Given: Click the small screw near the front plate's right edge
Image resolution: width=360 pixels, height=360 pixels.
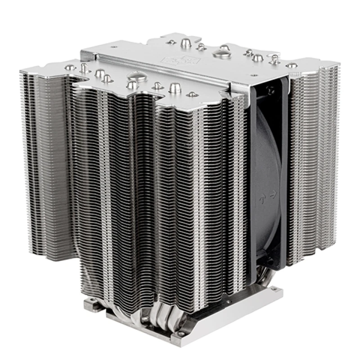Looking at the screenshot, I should click(x=192, y=94).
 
